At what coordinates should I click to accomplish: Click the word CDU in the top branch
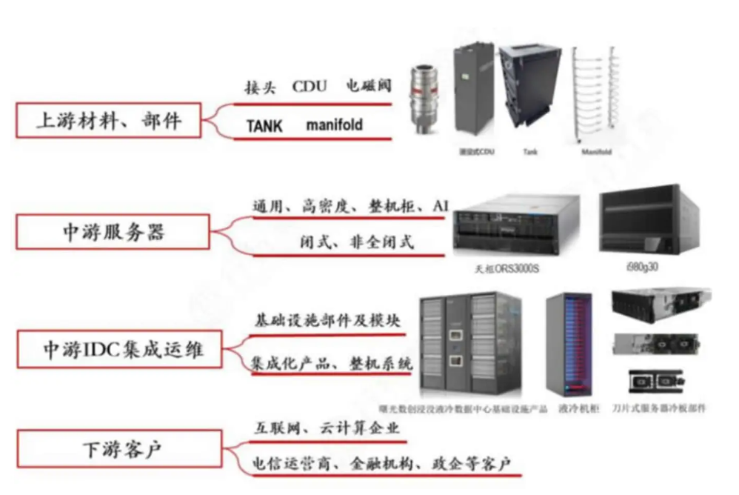[x=309, y=87]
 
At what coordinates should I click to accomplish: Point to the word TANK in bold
[x=264, y=126]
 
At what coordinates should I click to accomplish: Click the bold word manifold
[x=335, y=125]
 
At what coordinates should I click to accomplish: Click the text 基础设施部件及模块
[x=327, y=321]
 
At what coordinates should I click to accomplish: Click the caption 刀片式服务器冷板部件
[x=660, y=408]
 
